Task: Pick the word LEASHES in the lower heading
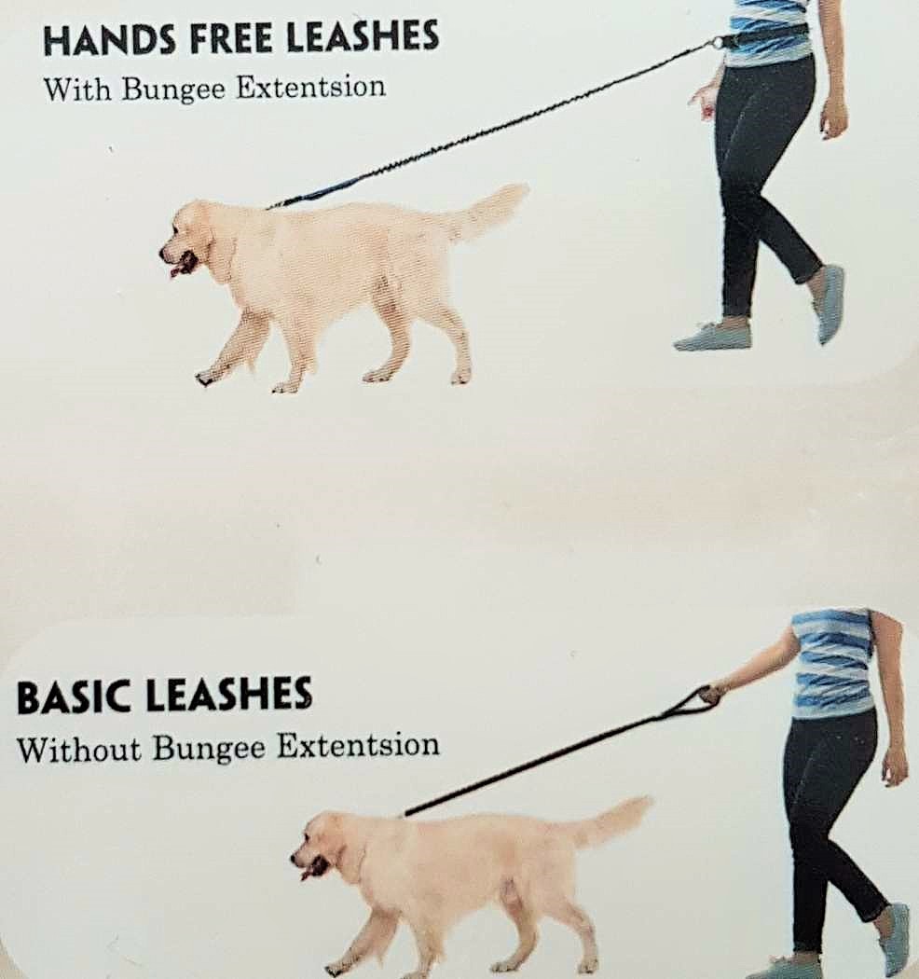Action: pyautogui.click(x=230, y=695)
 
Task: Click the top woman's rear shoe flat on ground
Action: pyautogui.click(x=712, y=337)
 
